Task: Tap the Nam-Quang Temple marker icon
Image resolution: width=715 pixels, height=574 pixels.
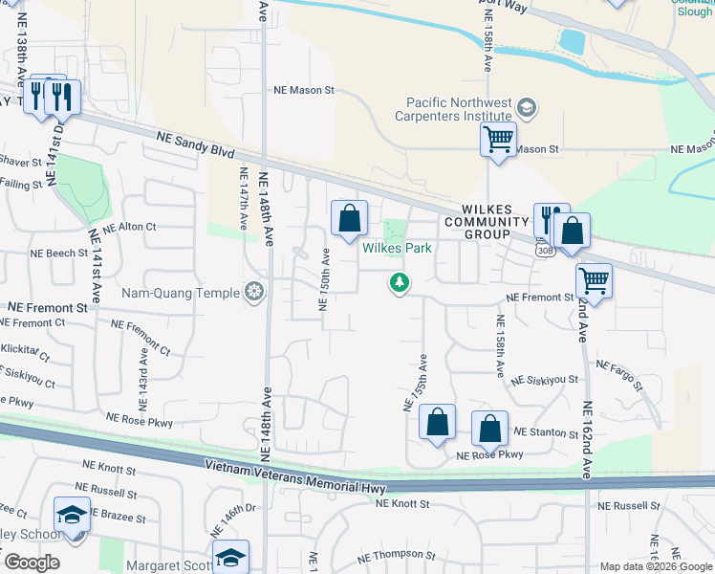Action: click(254, 291)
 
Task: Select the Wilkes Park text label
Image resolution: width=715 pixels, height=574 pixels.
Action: click(397, 248)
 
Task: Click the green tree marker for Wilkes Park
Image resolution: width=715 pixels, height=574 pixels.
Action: click(399, 282)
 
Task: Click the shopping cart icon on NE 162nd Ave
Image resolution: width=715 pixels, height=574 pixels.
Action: click(594, 281)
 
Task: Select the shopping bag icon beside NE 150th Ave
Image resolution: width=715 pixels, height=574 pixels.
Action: click(350, 219)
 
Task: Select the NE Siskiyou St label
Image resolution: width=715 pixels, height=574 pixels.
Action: click(545, 380)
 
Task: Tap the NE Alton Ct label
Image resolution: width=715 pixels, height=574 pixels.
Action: click(129, 228)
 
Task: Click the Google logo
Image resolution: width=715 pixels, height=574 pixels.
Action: click(31, 563)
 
